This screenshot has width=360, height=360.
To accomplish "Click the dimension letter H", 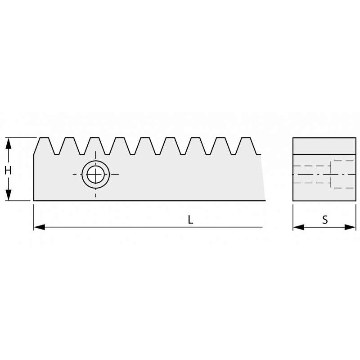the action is pyautogui.click(x=8, y=171).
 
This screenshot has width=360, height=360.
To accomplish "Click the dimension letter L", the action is pyautogui.click(x=190, y=220).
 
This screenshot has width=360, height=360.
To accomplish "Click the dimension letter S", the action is pyautogui.click(x=325, y=220).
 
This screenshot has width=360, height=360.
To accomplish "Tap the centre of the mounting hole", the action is pyautogui.click(x=95, y=175).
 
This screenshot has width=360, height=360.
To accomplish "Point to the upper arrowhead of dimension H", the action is pyautogui.click(x=8, y=143).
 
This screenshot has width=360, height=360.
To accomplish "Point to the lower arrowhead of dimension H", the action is pyautogui.click(x=8, y=195).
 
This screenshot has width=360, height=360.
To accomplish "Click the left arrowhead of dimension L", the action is pyautogui.click(x=39, y=227).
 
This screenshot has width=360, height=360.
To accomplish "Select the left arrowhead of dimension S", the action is pyautogui.click(x=298, y=227).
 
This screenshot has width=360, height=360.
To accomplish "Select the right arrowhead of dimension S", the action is pyautogui.click(x=351, y=227).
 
